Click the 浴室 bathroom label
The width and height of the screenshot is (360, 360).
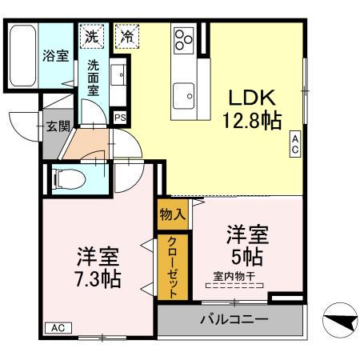[55, 56]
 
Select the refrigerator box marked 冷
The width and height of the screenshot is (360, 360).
[126, 36]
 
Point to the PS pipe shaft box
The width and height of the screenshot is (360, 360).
[120, 118]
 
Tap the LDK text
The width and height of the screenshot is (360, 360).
[252, 98]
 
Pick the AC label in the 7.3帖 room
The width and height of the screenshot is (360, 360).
[58, 328]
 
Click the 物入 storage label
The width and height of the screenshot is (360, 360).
[172, 214]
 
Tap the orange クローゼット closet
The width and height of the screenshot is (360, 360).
[172, 267]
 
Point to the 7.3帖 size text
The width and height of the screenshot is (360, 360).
[98, 279]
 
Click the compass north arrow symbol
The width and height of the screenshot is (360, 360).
[339, 322]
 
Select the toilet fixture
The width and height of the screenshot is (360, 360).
[68, 177]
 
